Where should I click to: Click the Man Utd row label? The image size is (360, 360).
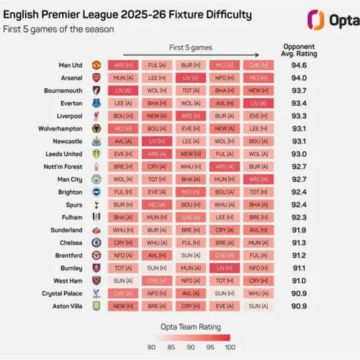click(71, 65)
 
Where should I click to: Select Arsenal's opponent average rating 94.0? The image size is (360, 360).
click(300, 78)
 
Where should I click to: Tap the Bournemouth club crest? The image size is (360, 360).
click(96, 91)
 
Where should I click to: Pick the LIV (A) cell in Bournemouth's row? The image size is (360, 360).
click(123, 91)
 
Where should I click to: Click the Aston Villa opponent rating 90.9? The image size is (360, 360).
click(300, 306)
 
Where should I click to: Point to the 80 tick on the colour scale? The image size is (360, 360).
click(151, 347)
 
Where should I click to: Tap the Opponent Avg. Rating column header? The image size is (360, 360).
click(300, 50)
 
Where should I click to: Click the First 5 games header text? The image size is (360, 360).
click(191, 47)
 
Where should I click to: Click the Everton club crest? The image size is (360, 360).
click(96, 103)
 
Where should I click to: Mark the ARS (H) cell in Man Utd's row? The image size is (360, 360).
click(123, 65)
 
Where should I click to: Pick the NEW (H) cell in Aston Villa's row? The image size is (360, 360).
click(123, 306)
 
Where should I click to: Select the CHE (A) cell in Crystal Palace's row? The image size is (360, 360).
click(123, 293)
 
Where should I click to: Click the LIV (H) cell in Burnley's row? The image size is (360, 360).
click(224, 268)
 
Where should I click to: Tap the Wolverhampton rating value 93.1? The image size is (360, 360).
click(300, 129)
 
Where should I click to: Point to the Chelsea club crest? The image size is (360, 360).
click(96, 242)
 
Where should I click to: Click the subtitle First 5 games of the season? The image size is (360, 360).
click(58, 29)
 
